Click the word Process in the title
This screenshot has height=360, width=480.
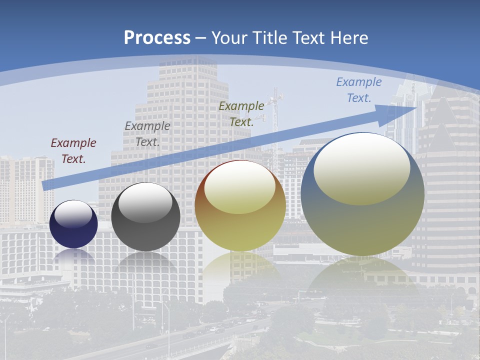point(157,38)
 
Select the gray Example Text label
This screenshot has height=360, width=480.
point(147,134)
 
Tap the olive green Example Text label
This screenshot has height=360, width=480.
point(241,113)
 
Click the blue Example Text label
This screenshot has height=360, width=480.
point(359,90)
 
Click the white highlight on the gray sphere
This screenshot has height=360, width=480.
point(145,201)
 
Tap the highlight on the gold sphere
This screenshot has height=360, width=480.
point(239,186)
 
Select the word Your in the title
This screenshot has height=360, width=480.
point(229,38)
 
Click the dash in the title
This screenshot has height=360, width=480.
point(200,38)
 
